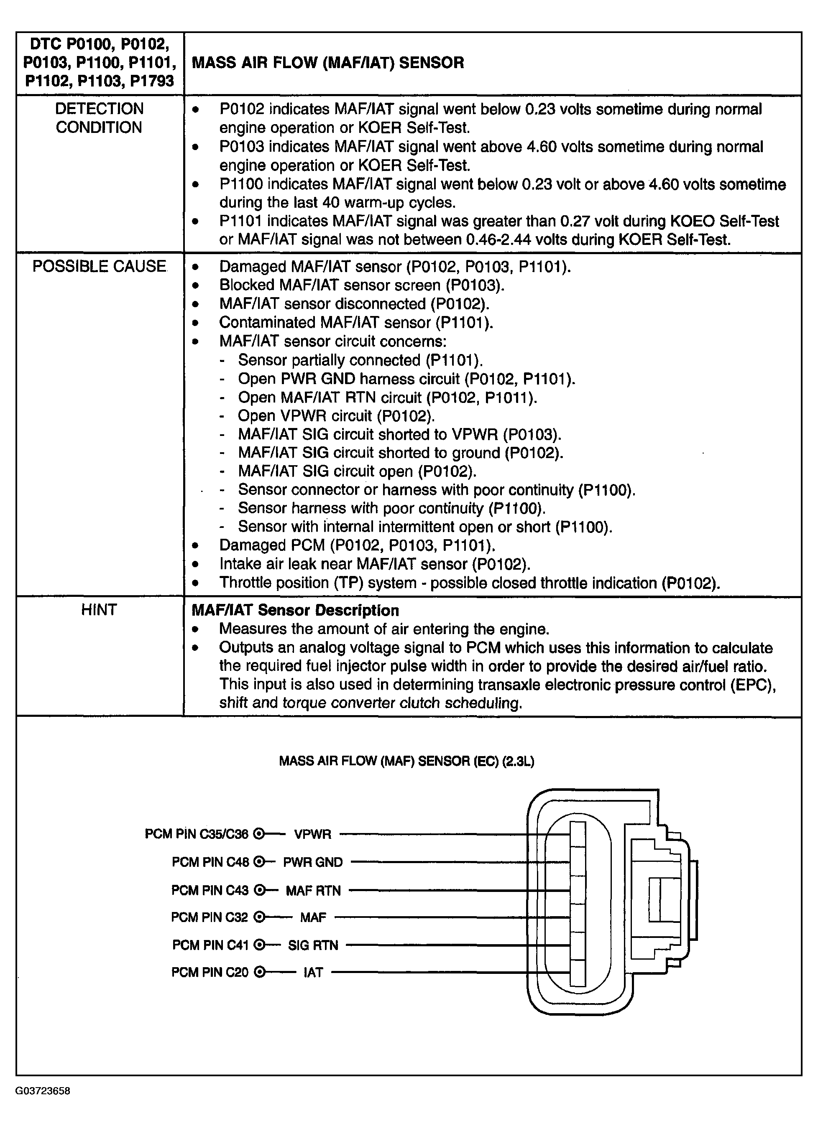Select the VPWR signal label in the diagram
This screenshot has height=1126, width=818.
tap(312, 834)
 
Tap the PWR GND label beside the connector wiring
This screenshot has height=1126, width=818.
tap(313, 862)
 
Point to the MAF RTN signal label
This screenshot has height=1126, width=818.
tap(313, 891)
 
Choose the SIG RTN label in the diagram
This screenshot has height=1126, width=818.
tap(313, 945)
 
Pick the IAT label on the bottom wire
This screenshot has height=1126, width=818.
tap(313, 972)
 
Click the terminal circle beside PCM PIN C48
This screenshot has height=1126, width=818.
tap(259, 862)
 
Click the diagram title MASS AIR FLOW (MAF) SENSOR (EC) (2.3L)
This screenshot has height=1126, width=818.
tap(406, 761)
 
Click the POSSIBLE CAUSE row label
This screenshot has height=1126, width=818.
tap(100, 267)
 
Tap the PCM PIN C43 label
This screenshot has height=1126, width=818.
tap(210, 891)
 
